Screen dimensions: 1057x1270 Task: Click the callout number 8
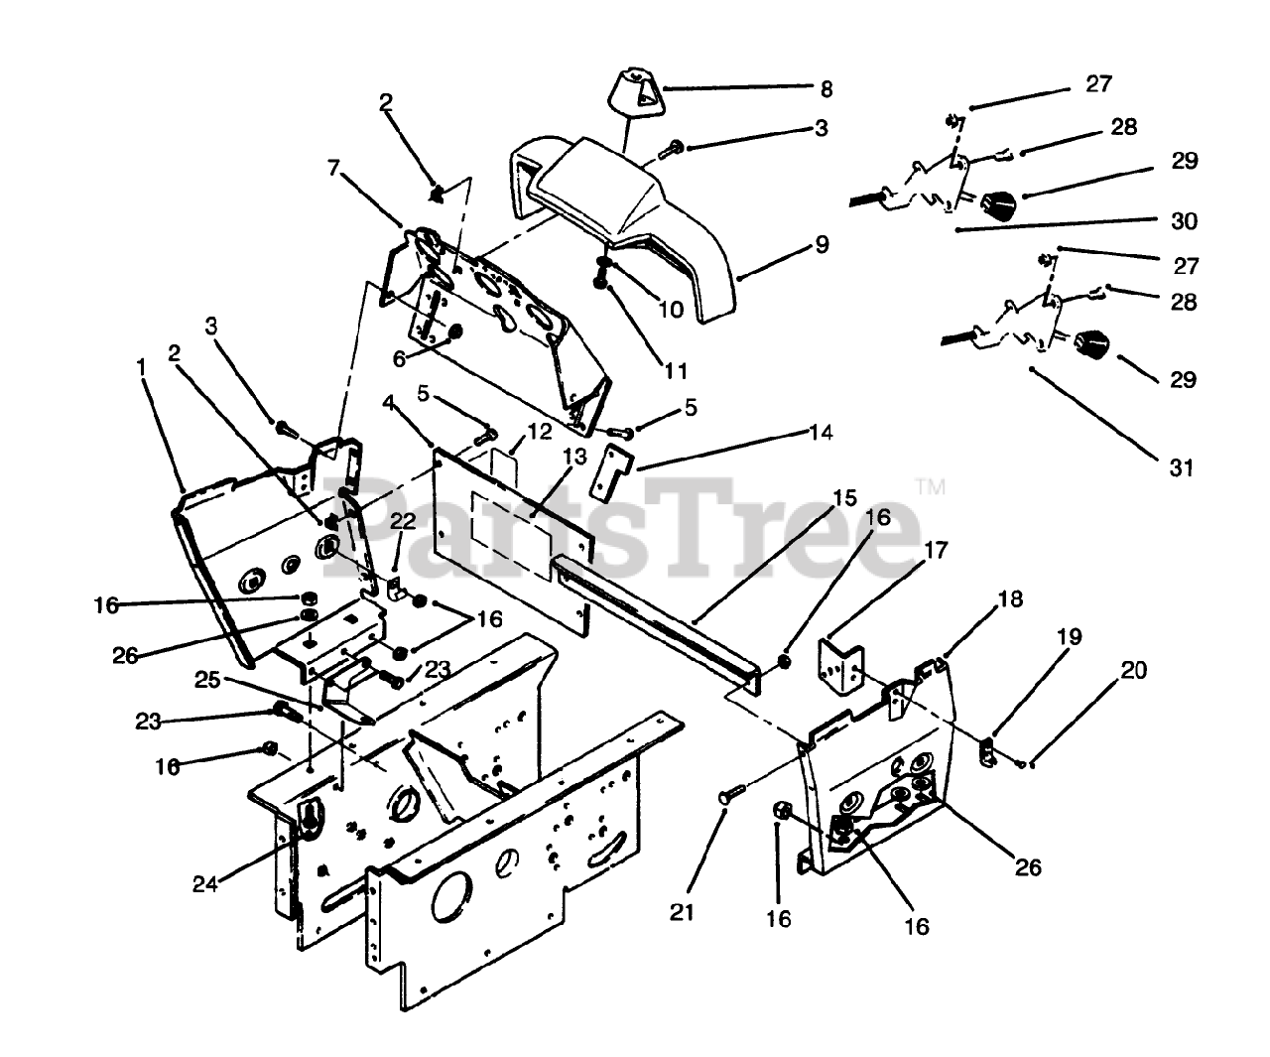(x=825, y=88)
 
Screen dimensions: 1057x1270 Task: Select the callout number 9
(x=822, y=244)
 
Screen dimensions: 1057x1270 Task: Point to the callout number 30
(x=1183, y=222)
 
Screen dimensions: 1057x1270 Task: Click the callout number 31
(x=1181, y=466)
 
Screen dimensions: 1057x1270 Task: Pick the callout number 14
(x=820, y=432)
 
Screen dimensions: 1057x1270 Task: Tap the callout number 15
(x=844, y=498)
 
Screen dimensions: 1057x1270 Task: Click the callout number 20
(x=1134, y=670)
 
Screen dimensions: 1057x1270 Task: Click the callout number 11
(x=676, y=371)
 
